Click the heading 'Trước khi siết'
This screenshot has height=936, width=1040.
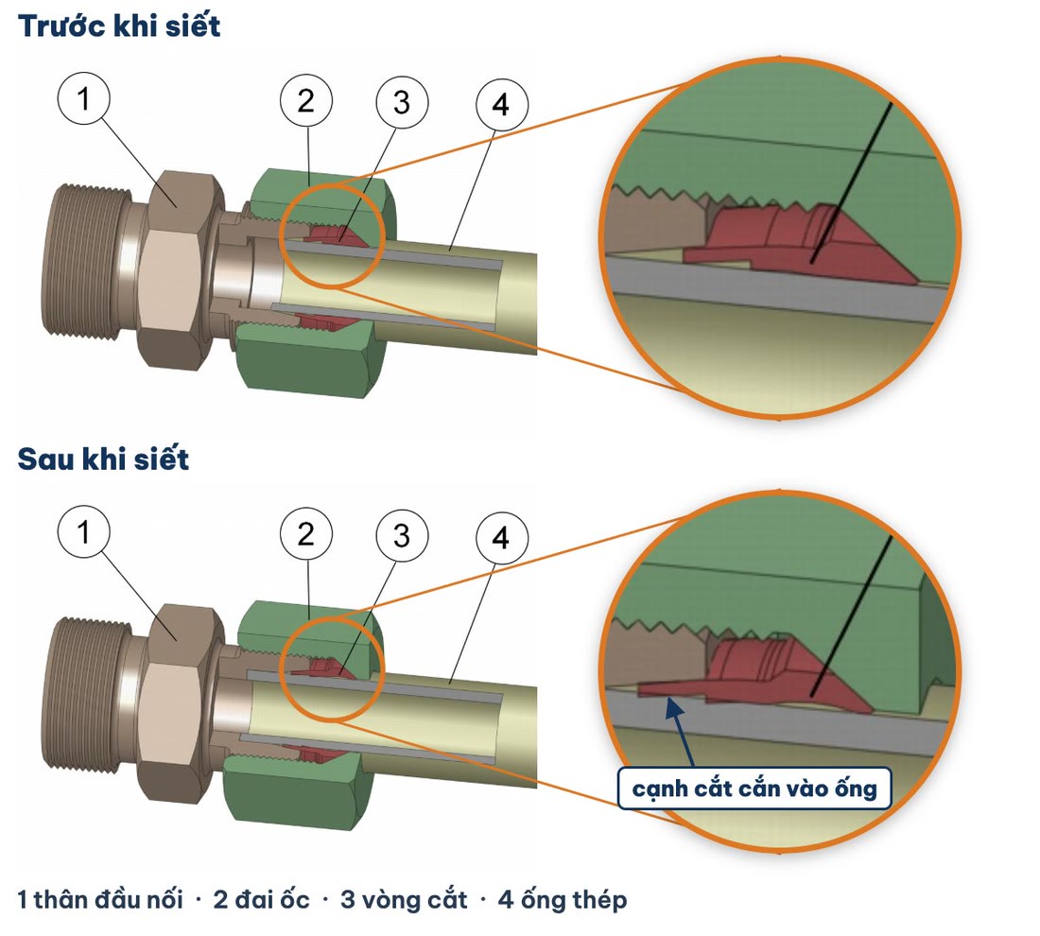click(x=119, y=26)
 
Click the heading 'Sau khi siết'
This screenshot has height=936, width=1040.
click(x=103, y=459)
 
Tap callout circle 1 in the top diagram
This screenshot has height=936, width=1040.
click(x=83, y=99)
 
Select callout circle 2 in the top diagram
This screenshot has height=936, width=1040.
click(x=305, y=101)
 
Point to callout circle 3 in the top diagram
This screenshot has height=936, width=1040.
click(x=402, y=103)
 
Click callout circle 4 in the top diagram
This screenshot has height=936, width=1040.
click(x=502, y=105)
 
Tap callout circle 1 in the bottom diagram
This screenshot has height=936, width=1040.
click(x=83, y=532)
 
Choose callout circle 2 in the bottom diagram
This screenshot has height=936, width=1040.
click(x=305, y=534)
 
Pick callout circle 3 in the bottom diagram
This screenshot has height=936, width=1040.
click(x=402, y=536)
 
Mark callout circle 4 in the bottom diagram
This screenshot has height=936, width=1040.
click(x=502, y=538)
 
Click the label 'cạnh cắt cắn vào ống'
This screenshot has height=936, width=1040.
click(x=754, y=789)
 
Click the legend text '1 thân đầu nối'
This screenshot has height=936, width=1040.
click(x=100, y=899)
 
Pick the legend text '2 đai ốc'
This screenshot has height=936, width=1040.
click(x=261, y=899)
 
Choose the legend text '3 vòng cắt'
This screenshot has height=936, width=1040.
click(x=404, y=899)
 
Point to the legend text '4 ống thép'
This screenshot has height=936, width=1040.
click(x=563, y=899)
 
